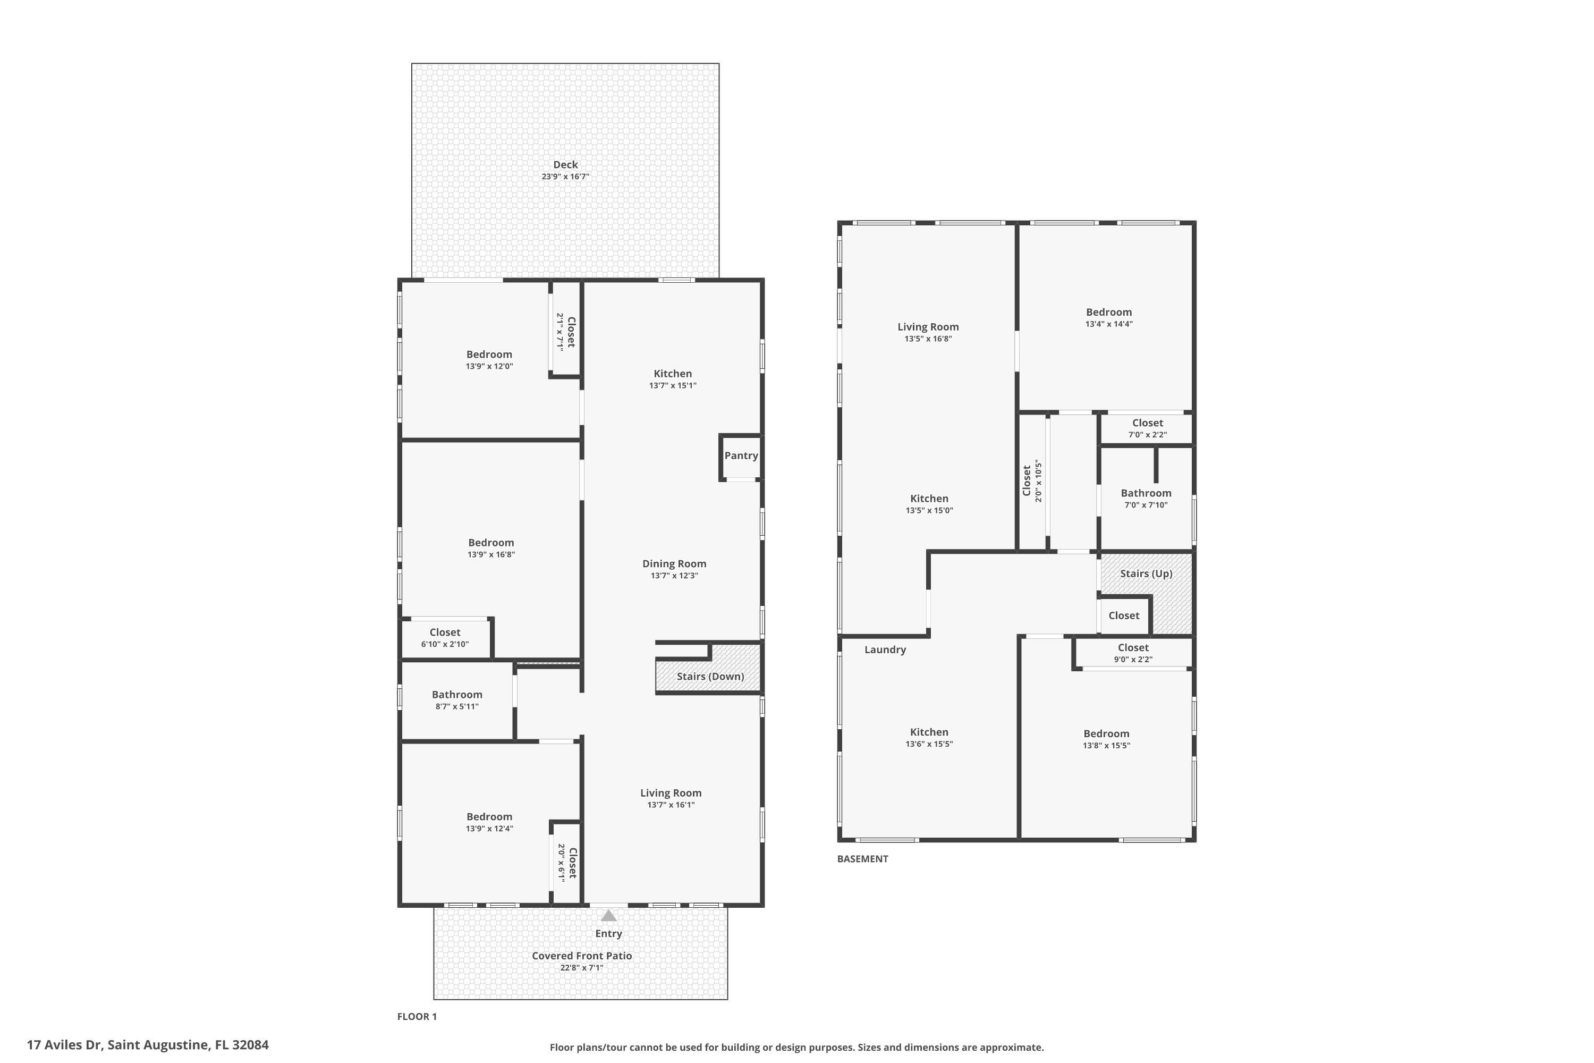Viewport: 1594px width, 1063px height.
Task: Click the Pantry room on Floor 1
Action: point(741,455)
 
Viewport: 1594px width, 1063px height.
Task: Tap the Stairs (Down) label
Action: point(709,677)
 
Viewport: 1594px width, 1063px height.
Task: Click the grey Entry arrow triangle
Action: point(608,916)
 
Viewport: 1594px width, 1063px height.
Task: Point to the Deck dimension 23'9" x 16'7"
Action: point(565,177)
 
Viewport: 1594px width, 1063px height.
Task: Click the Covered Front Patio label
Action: point(581,956)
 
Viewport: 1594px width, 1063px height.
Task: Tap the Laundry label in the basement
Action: point(885,649)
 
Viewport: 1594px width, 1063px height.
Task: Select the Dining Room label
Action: point(674,564)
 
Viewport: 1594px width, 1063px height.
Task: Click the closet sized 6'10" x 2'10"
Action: point(445,638)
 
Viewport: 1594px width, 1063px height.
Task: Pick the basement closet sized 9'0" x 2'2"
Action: point(1133,653)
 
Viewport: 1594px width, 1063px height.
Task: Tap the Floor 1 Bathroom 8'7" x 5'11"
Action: point(457,699)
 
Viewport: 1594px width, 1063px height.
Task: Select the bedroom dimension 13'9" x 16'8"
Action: point(490,554)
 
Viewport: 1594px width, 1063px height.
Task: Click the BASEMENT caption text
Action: point(862,859)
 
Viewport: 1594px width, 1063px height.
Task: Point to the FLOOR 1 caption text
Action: point(417,1016)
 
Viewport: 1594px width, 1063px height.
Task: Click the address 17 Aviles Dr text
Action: point(148,1045)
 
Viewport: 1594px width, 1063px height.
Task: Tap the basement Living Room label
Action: point(928,327)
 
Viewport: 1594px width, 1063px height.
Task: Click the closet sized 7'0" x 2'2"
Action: point(1147,428)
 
